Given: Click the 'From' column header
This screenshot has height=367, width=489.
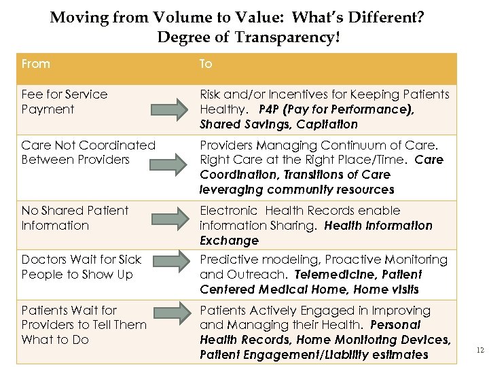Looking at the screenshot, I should point(36,64).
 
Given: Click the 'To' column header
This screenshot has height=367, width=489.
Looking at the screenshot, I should point(206,64).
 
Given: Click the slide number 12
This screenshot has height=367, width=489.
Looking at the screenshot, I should point(480,351).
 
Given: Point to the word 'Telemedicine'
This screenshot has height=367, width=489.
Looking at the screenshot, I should point(332,275).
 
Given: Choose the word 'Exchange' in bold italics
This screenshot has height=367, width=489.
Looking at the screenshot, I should point(229,241).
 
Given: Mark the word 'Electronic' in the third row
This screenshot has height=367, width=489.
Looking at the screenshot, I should point(229,211).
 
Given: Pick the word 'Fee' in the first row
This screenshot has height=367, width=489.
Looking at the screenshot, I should point(31,94).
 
